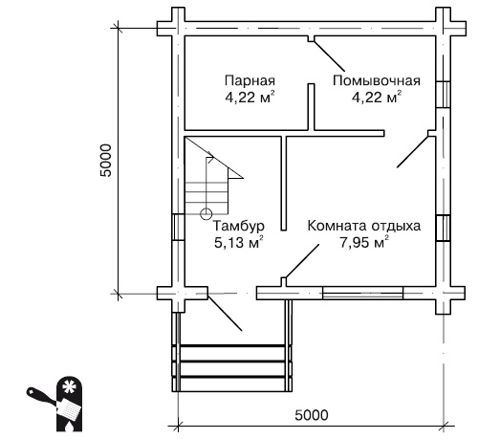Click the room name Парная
(250, 80)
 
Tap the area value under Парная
(250, 96)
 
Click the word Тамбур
(238, 227)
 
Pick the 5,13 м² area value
(238, 243)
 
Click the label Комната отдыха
(363, 227)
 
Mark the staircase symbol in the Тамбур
(209, 177)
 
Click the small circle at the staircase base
(206, 213)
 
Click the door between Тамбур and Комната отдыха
(302, 263)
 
